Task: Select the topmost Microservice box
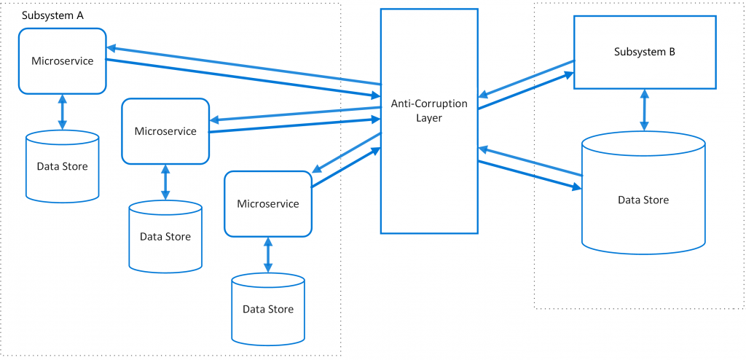click(63, 61)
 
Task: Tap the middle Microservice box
click(165, 131)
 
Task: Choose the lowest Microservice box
click(268, 204)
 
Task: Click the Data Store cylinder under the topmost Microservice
click(62, 166)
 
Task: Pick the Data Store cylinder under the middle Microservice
click(165, 237)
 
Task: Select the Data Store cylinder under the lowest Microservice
click(268, 309)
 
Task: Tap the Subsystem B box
click(644, 52)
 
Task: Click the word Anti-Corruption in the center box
click(429, 103)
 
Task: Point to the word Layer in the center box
click(429, 117)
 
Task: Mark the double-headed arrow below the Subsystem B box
click(644, 111)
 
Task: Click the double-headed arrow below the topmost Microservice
click(62, 112)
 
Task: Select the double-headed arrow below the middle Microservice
click(165, 182)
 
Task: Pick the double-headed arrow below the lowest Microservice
click(268, 254)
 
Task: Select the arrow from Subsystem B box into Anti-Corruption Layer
click(525, 79)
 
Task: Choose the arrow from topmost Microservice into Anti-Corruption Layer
click(243, 78)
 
